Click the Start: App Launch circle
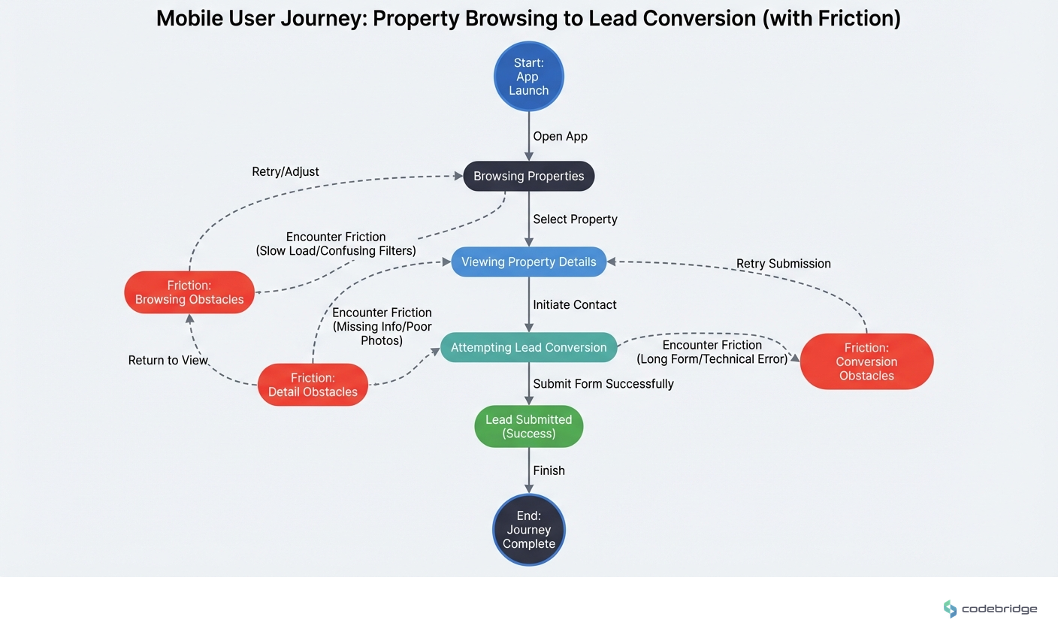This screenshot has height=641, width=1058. pos(528,77)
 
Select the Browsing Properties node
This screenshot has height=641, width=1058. pos(528,176)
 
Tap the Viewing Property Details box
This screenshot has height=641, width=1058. pos(528,262)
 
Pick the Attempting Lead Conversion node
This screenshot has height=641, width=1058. pos(528,347)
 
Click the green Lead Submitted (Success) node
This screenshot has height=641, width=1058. pos(528,426)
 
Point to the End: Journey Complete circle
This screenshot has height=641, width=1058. pos(528,530)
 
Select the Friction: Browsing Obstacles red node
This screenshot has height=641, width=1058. pos(189,292)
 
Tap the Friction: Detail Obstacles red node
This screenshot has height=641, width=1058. pos(313,385)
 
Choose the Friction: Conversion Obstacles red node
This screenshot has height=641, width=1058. pos(866,361)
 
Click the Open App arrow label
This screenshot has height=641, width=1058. pos(560,136)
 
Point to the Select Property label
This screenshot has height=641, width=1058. pos(575,219)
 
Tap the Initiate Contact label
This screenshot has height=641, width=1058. pos(574,304)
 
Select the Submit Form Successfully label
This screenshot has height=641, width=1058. pos(603,383)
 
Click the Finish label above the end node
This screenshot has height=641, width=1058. pos(549,470)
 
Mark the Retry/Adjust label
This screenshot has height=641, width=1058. pos(285,171)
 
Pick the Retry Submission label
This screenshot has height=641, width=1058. pos(783,264)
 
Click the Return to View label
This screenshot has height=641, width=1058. pos(168,360)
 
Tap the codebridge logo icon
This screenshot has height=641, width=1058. pos(950,609)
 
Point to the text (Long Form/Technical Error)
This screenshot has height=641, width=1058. pos(712,359)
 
